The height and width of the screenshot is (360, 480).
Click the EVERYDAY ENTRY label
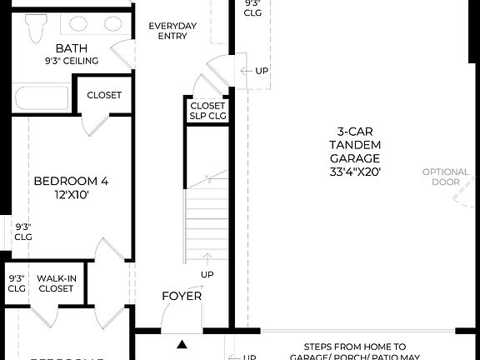pos(172,31)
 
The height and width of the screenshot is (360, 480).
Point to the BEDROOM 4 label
pos(71,181)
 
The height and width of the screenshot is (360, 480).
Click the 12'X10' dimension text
pos(71,194)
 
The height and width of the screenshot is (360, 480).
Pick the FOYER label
pos(182,296)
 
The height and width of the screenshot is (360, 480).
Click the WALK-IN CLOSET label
pos(55,283)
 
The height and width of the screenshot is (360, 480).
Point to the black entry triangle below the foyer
pos(182,343)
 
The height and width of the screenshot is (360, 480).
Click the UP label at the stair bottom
pos(206,273)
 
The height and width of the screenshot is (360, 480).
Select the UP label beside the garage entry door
pos(262,70)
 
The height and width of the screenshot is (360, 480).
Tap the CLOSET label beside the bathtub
pos(104,95)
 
